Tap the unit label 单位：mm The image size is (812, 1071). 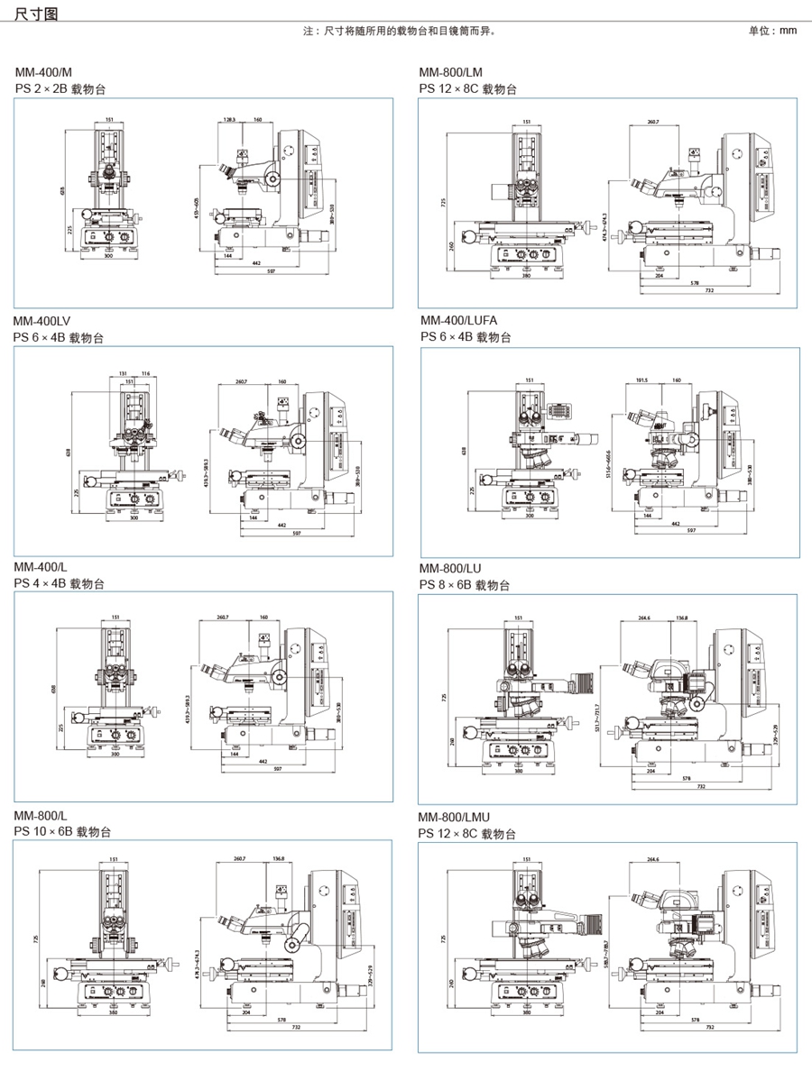(x=773, y=31)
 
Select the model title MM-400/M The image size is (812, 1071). (x=42, y=72)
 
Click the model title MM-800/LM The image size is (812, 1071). (x=450, y=72)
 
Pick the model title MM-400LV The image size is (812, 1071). (x=41, y=321)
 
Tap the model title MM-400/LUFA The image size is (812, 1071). (x=458, y=321)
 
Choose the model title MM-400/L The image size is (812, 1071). (x=41, y=567)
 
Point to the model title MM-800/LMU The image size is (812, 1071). (x=454, y=818)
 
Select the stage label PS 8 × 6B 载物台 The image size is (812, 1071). (x=465, y=585)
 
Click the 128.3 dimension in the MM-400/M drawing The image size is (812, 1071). (x=229, y=119)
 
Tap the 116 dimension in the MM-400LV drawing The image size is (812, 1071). (x=145, y=371)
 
